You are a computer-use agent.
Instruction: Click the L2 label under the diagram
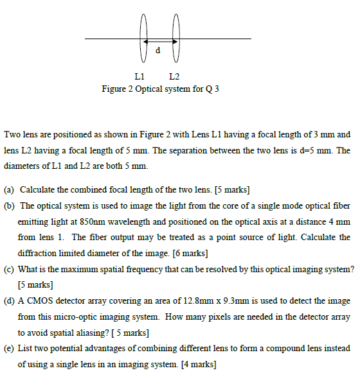coord(175,77)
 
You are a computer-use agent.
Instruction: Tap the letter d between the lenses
coord(158,49)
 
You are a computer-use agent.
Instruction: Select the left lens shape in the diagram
coord(144,39)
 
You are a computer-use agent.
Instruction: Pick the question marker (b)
coord(10,205)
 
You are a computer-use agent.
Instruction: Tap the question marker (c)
coord(10,269)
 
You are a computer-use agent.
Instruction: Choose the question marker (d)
coord(10,300)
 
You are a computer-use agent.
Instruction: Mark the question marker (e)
coord(10,349)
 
